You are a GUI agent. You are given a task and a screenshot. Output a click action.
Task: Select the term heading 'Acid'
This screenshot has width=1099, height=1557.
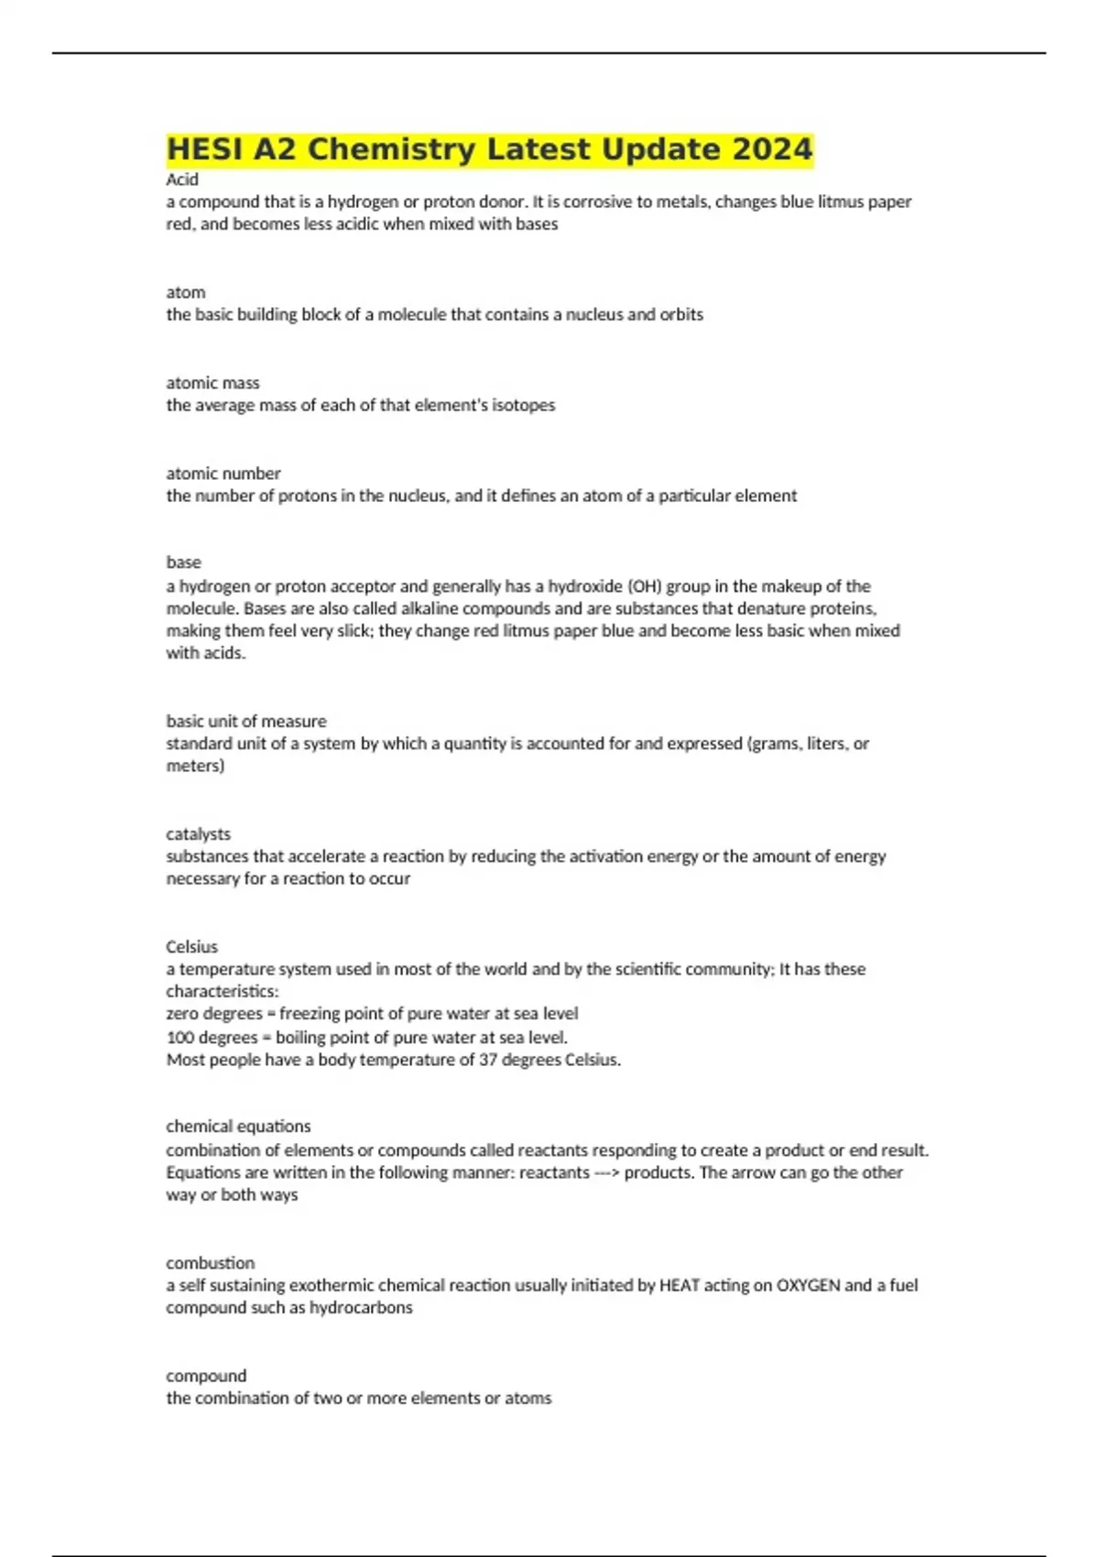pyautogui.click(x=182, y=180)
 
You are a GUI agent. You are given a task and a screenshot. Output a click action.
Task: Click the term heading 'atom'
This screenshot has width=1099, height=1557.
pyautogui.click(x=185, y=292)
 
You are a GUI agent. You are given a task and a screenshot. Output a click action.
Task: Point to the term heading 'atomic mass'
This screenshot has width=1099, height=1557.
pyautogui.click(x=212, y=383)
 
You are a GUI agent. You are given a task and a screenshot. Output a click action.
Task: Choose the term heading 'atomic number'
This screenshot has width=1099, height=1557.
pyautogui.click(x=223, y=474)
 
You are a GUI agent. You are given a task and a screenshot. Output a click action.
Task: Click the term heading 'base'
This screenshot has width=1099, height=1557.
pyautogui.click(x=183, y=562)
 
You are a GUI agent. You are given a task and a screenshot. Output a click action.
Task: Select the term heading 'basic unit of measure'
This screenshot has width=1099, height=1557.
pyautogui.click(x=245, y=721)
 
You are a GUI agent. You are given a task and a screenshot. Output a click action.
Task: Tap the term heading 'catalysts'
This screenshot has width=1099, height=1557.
pyautogui.click(x=198, y=834)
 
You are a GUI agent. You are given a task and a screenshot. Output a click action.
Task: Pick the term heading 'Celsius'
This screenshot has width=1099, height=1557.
pyautogui.click(x=191, y=947)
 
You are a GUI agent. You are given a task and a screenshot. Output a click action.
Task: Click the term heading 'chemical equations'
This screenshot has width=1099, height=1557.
pyautogui.click(x=238, y=1127)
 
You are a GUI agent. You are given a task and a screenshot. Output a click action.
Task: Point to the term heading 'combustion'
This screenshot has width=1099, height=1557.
pyautogui.click(x=210, y=1263)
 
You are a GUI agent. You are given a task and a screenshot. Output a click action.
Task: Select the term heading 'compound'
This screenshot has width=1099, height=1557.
pyautogui.click(x=206, y=1376)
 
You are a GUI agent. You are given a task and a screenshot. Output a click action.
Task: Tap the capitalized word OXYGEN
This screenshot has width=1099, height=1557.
pyautogui.click(x=808, y=1285)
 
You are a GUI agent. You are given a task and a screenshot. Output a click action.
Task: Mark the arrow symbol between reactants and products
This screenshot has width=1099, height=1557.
pyautogui.click(x=607, y=1173)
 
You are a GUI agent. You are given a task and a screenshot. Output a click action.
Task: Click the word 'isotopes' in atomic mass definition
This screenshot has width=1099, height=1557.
pyautogui.click(x=524, y=405)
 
